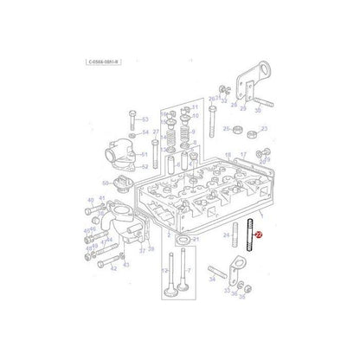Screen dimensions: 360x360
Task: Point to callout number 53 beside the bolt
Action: point(145,119)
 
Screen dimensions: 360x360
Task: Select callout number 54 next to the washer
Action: point(145,132)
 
